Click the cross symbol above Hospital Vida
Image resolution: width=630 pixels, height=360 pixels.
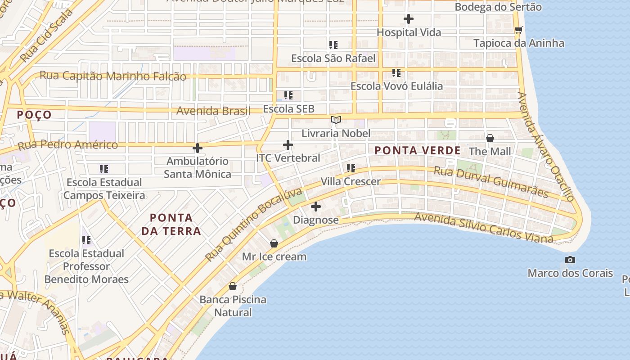point(409,19)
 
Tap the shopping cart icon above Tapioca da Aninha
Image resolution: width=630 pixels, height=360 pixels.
point(518,30)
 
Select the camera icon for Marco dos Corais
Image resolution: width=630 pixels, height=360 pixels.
point(570,260)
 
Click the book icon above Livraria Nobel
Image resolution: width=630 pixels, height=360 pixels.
point(336,120)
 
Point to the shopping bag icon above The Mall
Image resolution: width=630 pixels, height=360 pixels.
point(490,138)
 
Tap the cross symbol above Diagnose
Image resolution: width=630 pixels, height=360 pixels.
point(316,207)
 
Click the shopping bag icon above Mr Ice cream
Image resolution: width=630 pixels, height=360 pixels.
point(274,243)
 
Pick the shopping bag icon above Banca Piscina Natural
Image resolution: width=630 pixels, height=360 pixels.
point(233,286)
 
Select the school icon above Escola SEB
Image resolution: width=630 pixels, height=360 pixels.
point(288,95)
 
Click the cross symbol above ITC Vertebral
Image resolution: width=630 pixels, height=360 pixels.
point(288,145)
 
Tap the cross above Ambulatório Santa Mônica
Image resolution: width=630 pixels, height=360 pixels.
point(197,148)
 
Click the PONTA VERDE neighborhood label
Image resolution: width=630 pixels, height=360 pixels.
point(418,151)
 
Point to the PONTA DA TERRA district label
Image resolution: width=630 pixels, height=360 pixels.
point(171,224)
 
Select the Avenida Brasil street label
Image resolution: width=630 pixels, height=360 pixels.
point(213,111)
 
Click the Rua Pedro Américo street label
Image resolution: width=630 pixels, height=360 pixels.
point(67,145)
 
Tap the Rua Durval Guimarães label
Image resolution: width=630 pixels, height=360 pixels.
point(491,182)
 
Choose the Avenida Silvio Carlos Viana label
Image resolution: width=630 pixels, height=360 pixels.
point(483,228)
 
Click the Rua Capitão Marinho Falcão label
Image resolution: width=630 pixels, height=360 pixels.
point(113,76)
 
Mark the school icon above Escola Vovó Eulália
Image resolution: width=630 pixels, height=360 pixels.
point(396,72)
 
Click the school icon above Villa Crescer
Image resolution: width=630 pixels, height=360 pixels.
point(351,168)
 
